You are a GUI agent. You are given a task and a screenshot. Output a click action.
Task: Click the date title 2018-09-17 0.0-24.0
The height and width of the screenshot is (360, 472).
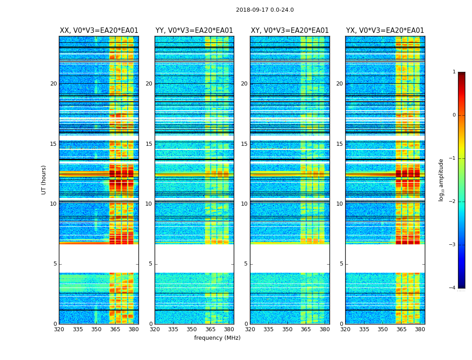[x=265, y=10]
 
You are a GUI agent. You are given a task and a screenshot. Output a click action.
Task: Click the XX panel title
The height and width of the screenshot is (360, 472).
[x=99, y=31]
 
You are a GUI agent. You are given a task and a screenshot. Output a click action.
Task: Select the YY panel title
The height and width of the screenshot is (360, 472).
[x=194, y=31]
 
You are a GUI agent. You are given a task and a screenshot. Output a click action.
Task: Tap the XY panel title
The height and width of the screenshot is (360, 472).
[x=289, y=31]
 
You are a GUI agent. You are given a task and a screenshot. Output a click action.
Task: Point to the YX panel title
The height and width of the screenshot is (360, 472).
[x=385, y=31]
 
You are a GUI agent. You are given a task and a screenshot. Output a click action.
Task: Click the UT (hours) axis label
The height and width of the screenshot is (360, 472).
[x=44, y=180]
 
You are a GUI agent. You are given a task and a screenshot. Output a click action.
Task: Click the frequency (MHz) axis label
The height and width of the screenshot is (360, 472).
[x=217, y=338]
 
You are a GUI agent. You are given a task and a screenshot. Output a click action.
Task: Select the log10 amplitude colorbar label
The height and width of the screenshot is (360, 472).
[x=441, y=180]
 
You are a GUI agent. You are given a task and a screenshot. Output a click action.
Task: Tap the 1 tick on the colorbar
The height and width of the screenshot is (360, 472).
[x=454, y=72]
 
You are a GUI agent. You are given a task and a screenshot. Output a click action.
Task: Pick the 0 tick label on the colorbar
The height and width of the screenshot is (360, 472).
[x=454, y=115]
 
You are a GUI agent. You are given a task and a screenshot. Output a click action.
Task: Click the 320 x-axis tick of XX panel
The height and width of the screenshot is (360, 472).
[x=59, y=329]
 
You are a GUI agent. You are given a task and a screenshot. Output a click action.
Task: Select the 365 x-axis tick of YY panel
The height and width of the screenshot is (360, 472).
[x=210, y=329]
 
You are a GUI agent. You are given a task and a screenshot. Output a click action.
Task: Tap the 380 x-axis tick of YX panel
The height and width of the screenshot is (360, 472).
[x=420, y=329]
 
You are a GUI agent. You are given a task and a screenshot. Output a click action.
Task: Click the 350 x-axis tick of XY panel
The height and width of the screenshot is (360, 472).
[x=287, y=329]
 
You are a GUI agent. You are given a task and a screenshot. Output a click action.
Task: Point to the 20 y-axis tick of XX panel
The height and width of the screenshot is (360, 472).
[x=53, y=84]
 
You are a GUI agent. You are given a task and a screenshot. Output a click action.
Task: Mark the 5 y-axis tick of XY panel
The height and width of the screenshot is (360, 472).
[x=246, y=264]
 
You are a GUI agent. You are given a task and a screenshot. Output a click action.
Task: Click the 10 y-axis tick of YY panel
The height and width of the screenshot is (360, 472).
[x=149, y=204]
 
